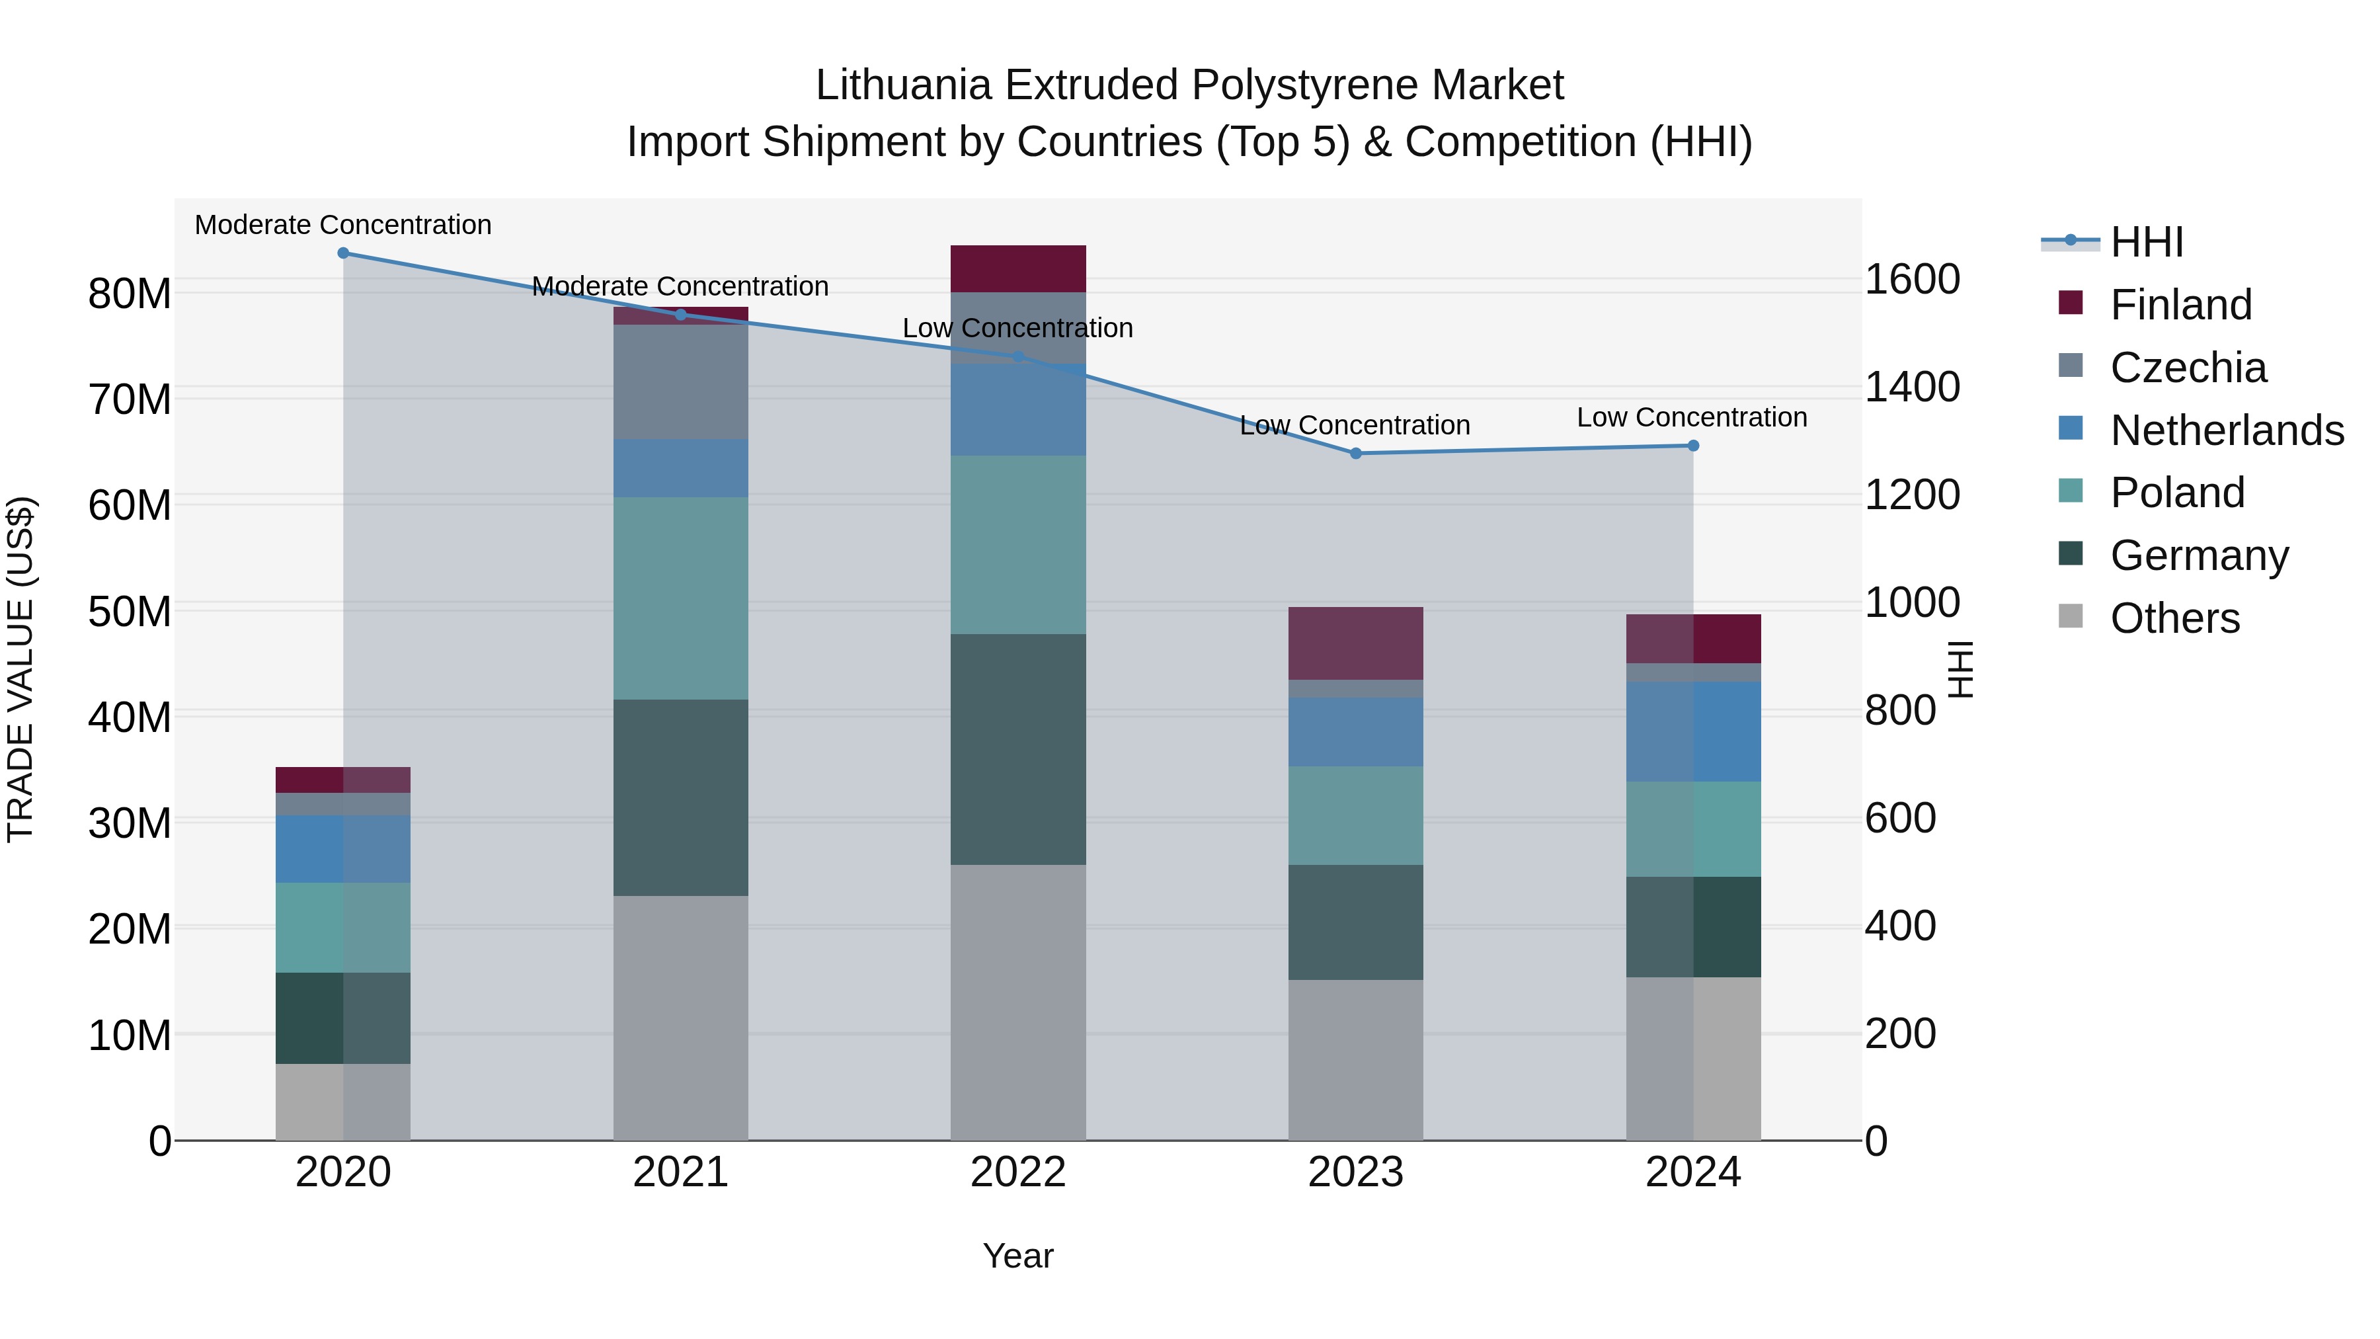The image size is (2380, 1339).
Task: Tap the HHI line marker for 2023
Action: coord(1355,454)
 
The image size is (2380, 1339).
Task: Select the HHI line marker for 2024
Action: coord(1692,446)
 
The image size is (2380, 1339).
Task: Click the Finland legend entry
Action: coord(2180,305)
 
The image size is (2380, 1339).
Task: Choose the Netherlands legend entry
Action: coord(2227,430)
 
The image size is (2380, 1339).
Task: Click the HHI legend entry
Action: coord(2146,242)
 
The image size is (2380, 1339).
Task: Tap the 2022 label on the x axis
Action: coord(1018,1172)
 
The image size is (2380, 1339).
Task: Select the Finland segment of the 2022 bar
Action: coord(1018,269)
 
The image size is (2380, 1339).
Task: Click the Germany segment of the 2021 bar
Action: coord(681,797)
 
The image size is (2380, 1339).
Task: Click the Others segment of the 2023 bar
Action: coord(1355,1060)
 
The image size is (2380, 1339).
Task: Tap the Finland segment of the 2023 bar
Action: coord(1355,643)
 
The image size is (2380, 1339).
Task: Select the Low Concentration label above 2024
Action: coord(1692,418)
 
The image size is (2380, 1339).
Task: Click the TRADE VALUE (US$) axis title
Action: coord(20,669)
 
